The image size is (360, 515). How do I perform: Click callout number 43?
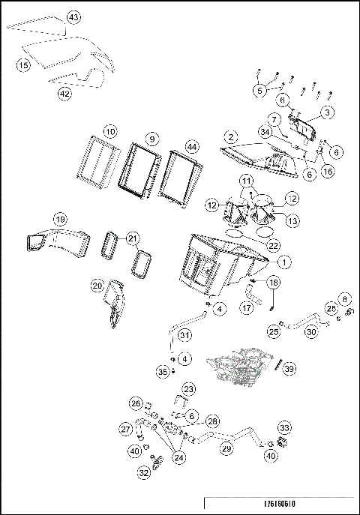(73, 16)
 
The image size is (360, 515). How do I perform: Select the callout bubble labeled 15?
(23, 66)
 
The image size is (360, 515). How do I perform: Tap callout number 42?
(65, 93)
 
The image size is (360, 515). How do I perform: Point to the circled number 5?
(259, 90)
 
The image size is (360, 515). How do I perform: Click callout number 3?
(328, 113)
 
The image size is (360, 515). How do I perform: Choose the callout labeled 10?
(110, 132)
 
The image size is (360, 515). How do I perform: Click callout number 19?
(61, 219)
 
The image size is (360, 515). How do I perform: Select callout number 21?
(132, 238)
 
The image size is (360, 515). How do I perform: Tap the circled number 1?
(284, 262)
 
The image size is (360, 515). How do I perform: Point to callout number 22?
(274, 245)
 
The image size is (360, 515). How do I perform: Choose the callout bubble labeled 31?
(184, 334)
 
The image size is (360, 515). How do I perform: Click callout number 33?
(283, 427)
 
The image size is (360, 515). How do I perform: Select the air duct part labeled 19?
(52, 240)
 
